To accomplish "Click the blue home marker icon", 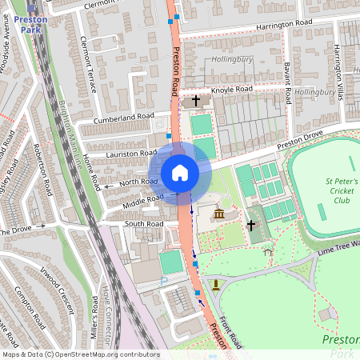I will (x=180, y=173).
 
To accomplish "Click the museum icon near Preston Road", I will (x=218, y=214).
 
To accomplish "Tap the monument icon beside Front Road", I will (x=214, y=284).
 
